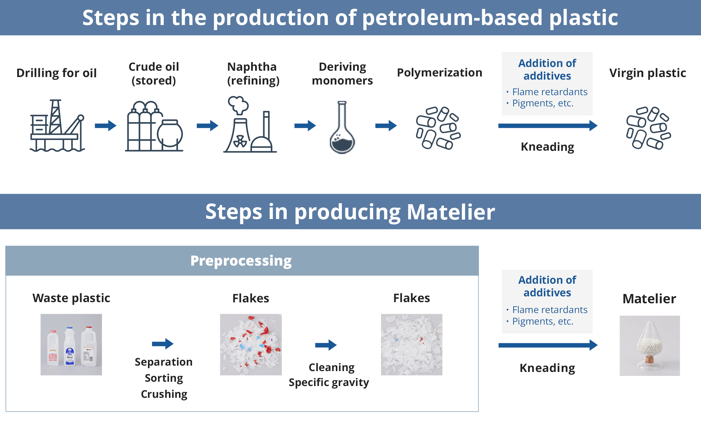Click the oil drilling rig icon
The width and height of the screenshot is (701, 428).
coord(57,126)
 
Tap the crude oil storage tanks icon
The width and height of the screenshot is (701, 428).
coord(154,126)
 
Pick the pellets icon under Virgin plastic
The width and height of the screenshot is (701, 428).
coord(648,128)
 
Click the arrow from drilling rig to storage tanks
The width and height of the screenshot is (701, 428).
coord(105,126)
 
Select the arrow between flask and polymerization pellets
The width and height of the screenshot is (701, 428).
coord(386,126)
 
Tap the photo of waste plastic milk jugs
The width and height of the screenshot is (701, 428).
coord(71,344)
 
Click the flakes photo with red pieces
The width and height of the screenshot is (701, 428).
coord(251,344)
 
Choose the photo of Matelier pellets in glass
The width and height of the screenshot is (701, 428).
coord(650,346)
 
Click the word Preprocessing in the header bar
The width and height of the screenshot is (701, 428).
coord(241,261)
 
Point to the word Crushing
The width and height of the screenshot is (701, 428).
coord(164,394)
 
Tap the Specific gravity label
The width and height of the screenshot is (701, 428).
coord(329,383)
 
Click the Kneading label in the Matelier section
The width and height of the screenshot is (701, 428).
coord(547,368)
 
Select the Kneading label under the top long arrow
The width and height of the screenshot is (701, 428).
coord(547,147)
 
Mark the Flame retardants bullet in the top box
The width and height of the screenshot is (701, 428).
coord(550,92)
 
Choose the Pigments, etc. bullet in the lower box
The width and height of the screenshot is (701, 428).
coord(543,321)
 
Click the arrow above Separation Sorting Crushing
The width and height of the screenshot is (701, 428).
coord(163,343)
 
